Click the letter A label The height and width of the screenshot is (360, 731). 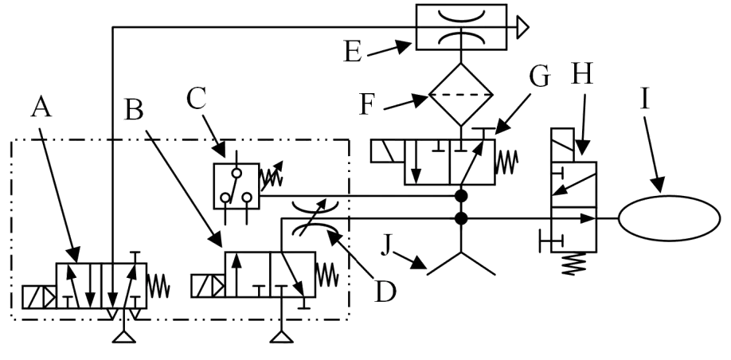[41, 108]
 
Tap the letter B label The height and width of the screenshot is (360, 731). [135, 111]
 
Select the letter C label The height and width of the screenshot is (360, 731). [196, 99]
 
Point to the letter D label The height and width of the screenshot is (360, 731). [385, 292]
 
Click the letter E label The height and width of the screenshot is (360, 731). [353, 51]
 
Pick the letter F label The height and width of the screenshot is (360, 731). [367, 105]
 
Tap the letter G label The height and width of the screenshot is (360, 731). [540, 77]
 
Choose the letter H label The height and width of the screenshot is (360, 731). [582, 74]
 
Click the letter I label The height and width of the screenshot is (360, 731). [645, 99]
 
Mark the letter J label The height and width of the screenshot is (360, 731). [385, 245]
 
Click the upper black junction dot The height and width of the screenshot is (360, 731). [461, 196]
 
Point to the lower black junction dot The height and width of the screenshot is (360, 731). [461, 218]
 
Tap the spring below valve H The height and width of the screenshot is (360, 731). [574, 264]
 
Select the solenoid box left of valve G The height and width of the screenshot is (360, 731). [388, 151]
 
